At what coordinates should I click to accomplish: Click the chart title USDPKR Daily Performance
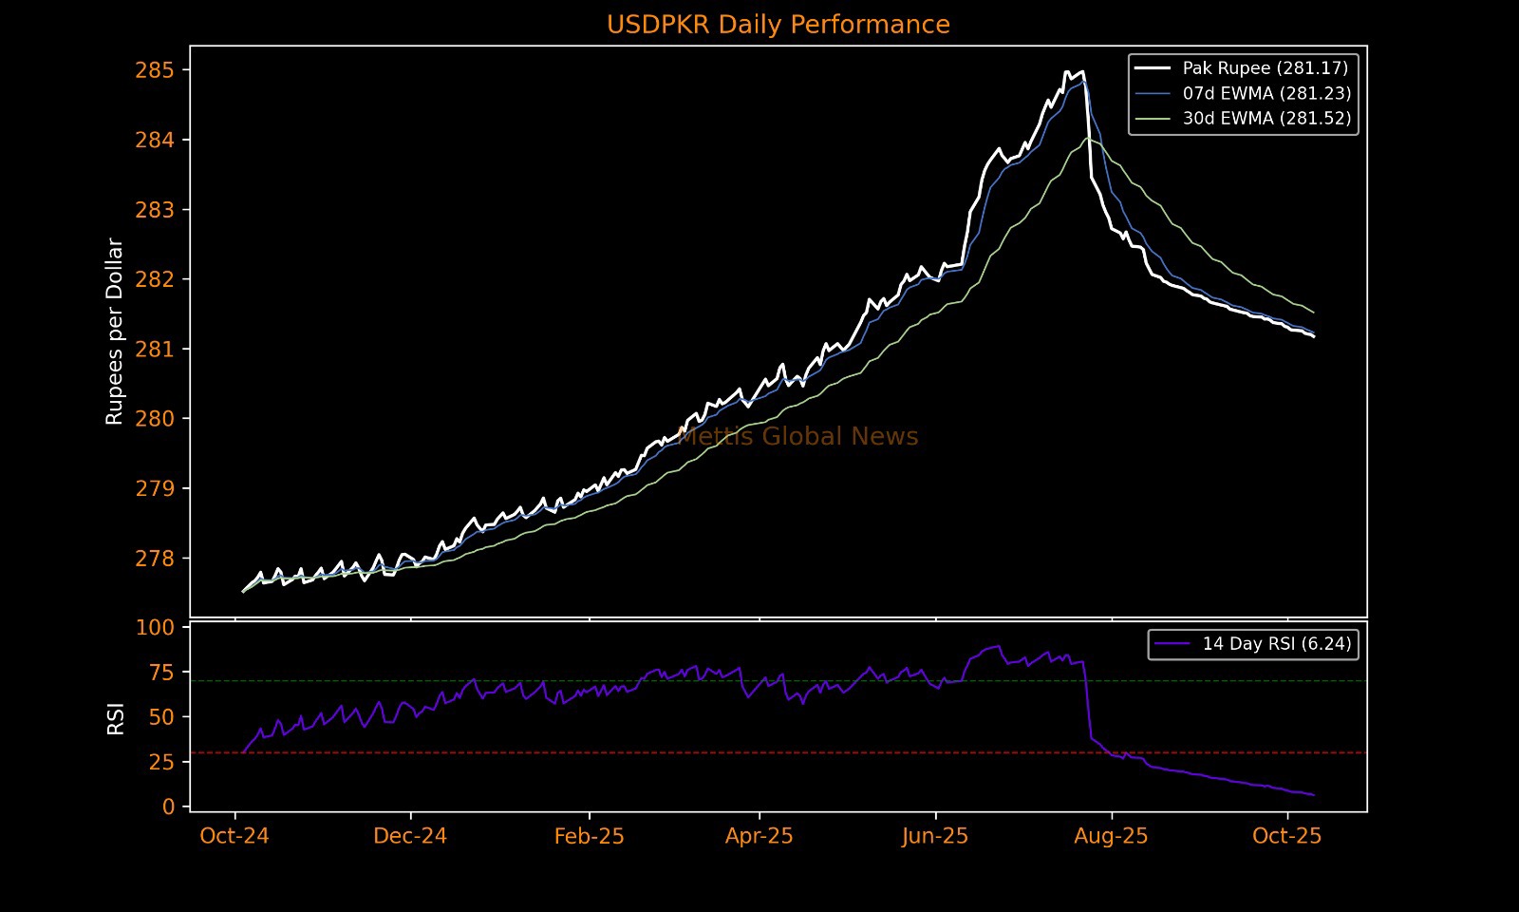point(778,25)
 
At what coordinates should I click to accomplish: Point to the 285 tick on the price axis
point(155,70)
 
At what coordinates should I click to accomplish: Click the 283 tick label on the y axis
point(155,210)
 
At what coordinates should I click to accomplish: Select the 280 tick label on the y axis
point(155,419)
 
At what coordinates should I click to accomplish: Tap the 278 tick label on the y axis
point(155,559)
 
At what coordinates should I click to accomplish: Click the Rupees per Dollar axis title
point(115,332)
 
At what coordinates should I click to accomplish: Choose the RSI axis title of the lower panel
point(116,718)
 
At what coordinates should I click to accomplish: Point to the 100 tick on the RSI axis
point(156,628)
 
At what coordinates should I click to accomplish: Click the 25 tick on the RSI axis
point(162,762)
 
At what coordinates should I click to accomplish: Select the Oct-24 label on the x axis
point(234,836)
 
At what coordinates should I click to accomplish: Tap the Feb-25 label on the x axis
point(590,836)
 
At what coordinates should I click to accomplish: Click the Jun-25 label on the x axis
point(936,836)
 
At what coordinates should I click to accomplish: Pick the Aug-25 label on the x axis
point(1112,836)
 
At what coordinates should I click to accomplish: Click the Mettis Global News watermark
point(797,437)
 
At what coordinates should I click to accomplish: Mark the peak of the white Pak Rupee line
point(1067,71)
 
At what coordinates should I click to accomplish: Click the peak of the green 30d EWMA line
point(1089,140)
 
